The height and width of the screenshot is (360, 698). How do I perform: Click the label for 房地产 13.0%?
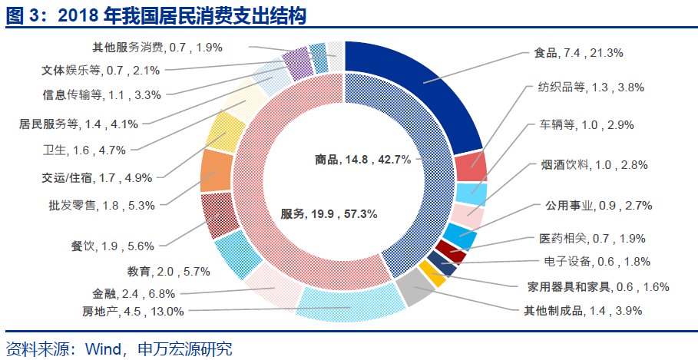pos(133,311)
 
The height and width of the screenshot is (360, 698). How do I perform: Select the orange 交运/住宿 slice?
pos(216,170)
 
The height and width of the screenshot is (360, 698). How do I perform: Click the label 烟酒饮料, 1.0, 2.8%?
pos(594,165)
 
